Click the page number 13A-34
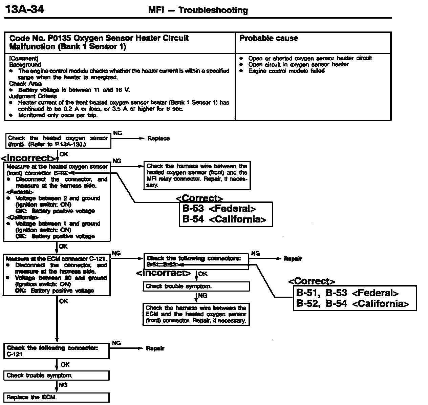[x=24, y=9]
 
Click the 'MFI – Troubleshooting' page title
[x=198, y=10]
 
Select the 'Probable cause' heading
[x=269, y=38]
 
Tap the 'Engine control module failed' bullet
[x=286, y=71]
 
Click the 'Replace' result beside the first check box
[x=158, y=138]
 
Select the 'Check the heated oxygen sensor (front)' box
[x=58, y=141]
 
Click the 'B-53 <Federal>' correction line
[x=219, y=209]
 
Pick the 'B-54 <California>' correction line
[x=224, y=219]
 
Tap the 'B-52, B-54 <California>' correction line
[x=352, y=303]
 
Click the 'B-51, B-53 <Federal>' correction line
[x=347, y=293]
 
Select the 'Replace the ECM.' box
[x=57, y=397]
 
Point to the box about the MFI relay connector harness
[x=197, y=175]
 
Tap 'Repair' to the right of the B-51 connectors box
[x=293, y=259]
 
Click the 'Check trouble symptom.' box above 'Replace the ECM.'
[x=57, y=376]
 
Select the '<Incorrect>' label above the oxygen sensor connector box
[x=29, y=158]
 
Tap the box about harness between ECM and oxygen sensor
[x=196, y=314]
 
